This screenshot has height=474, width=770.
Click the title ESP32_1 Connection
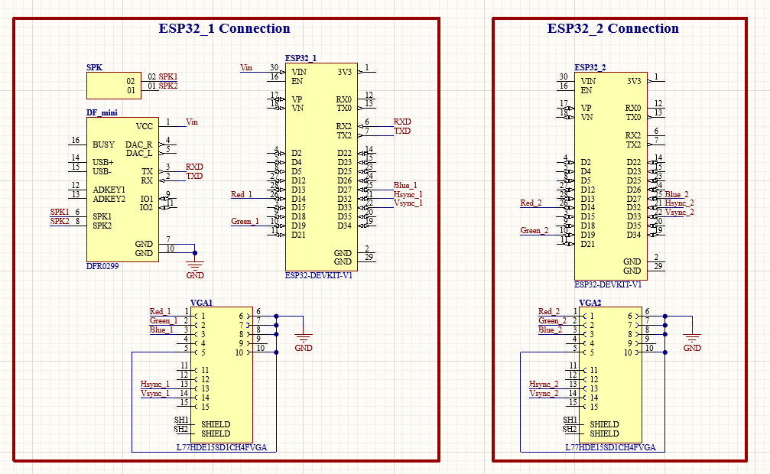click(224, 29)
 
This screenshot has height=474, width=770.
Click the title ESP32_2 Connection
click(612, 29)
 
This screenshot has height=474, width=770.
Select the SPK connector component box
click(114, 86)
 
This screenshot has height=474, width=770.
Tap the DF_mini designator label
click(102, 113)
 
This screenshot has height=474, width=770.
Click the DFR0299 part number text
click(103, 267)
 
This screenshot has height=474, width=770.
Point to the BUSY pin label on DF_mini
click(103, 144)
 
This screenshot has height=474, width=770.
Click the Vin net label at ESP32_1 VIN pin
click(246, 67)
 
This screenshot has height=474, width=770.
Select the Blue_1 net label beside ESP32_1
click(405, 185)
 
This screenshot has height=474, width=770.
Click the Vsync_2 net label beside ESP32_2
click(679, 212)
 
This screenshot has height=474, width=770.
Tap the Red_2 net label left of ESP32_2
click(531, 203)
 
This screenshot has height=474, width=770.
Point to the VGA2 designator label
click(590, 303)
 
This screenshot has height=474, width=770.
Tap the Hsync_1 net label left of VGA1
click(154, 384)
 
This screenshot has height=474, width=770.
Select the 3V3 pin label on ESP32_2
click(633, 81)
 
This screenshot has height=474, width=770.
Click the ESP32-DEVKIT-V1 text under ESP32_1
click(319, 275)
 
